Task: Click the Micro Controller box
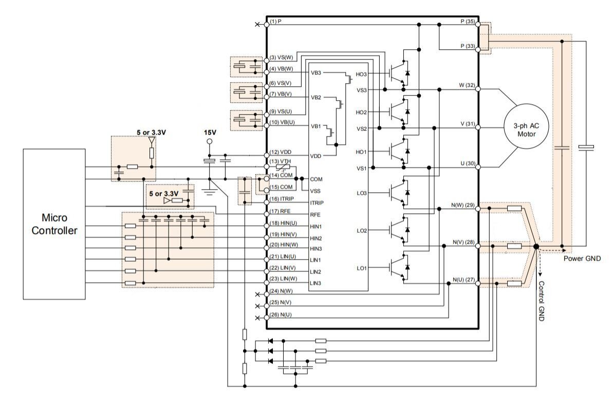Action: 54,224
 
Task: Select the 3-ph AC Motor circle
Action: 526,126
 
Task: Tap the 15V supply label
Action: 210,133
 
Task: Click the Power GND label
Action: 582,259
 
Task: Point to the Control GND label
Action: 542,301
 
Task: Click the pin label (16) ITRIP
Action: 282,199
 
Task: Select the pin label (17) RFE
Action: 280,211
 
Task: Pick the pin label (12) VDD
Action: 281,152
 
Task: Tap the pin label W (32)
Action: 467,85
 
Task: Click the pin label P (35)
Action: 468,22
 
